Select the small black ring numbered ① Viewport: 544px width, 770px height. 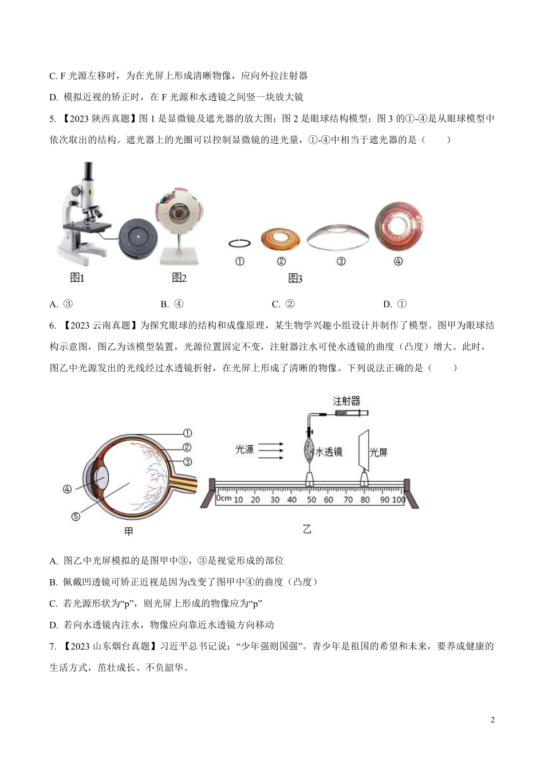[239, 243]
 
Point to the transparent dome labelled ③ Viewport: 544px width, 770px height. [338, 233]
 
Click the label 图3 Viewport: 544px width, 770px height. [295, 278]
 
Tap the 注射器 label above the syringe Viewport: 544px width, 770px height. [346, 401]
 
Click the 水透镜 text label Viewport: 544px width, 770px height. [329, 451]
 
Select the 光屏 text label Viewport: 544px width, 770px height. [379, 453]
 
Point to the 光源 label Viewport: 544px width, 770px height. [245, 449]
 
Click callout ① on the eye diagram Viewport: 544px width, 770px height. [187, 433]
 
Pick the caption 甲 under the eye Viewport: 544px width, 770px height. [128, 532]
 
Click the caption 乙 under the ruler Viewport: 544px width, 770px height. [307, 529]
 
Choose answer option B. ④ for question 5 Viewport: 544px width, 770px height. [172, 304]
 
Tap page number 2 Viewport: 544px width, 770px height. [492, 720]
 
